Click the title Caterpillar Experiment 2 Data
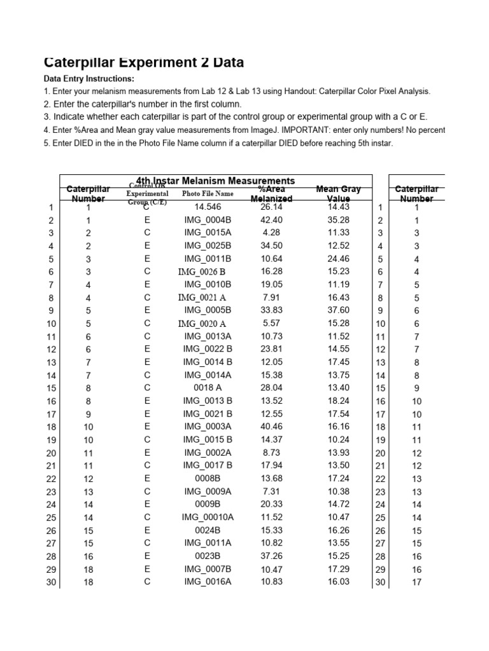click(144, 62)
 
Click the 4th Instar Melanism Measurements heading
click(215, 181)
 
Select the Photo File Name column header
click(207, 193)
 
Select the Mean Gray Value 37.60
click(338, 310)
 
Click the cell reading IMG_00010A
click(207, 517)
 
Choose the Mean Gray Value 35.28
click(338, 220)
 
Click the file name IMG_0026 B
click(201, 271)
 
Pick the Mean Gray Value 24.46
click(338, 259)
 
